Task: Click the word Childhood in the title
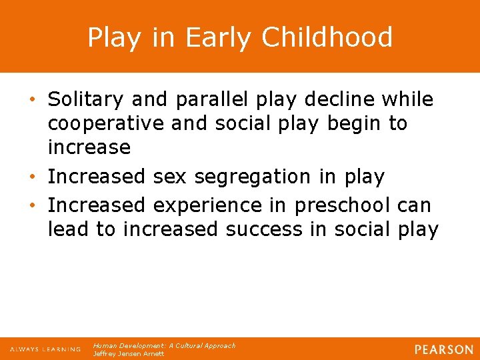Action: click(327, 37)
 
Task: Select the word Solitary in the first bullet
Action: click(86, 100)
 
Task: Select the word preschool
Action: click(337, 205)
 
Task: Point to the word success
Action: click(265, 229)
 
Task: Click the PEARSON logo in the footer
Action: click(443, 349)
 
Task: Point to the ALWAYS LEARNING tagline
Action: click(45, 349)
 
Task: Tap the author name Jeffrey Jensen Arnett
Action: click(128, 354)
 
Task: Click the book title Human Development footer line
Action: click(164, 345)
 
